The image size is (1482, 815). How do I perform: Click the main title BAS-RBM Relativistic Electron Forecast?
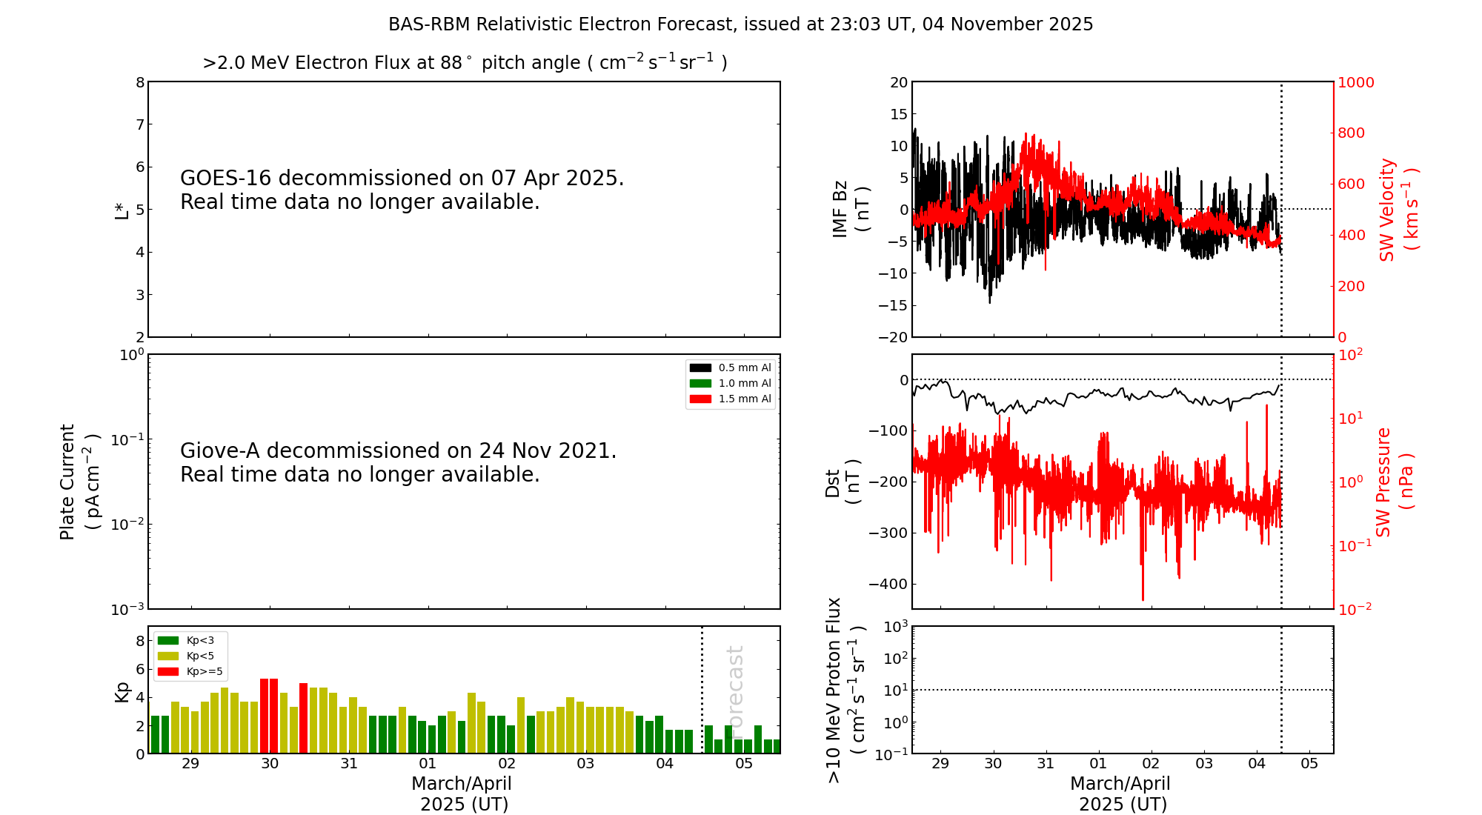740,24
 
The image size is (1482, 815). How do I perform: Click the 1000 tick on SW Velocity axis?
1355,82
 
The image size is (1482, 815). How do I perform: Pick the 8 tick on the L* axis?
140,82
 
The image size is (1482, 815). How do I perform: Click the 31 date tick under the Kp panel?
349,764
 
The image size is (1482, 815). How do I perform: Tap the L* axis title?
122,209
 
